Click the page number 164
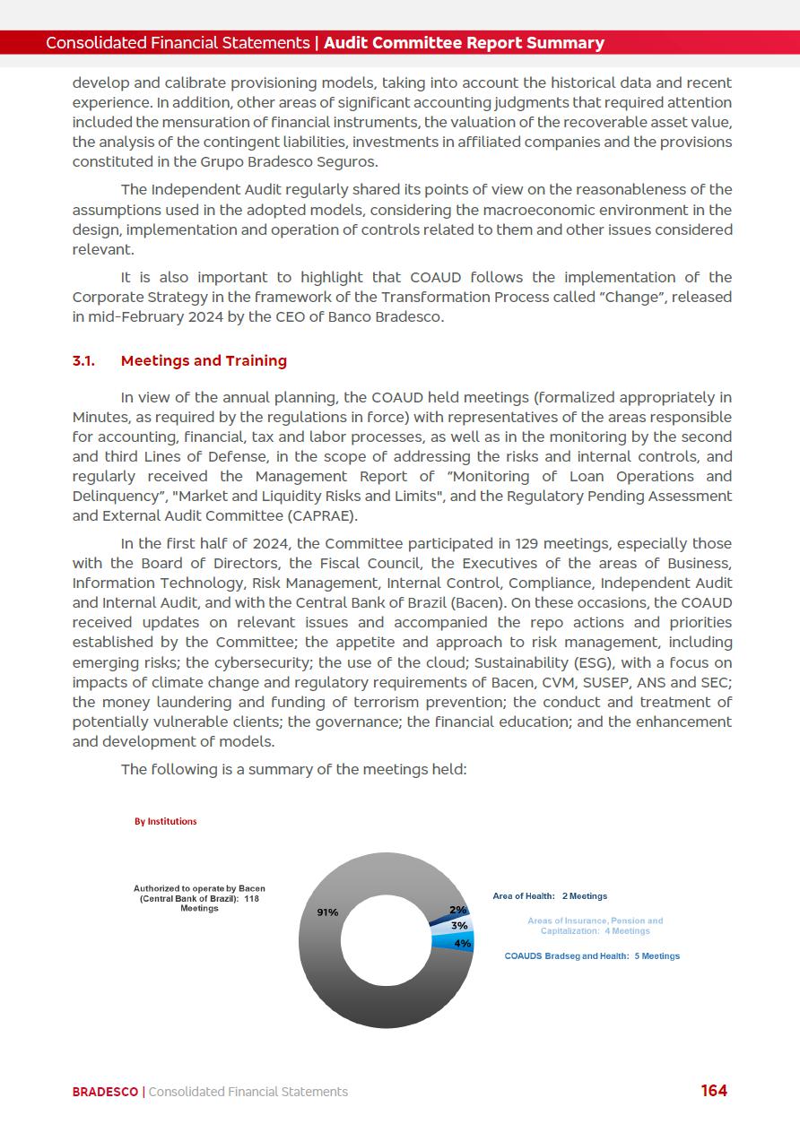[714, 1091]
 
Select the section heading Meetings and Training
[204, 360]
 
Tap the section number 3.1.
[83, 360]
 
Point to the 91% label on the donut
[327, 912]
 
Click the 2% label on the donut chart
[457, 911]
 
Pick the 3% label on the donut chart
[459, 925]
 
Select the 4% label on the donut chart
[463, 943]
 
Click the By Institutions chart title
[166, 821]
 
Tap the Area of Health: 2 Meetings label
[550, 896]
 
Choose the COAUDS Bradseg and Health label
[592, 956]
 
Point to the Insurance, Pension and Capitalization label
[595, 926]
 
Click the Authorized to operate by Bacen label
[199, 898]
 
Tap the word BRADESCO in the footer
[105, 1092]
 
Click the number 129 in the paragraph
[527, 543]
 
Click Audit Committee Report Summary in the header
[464, 43]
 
